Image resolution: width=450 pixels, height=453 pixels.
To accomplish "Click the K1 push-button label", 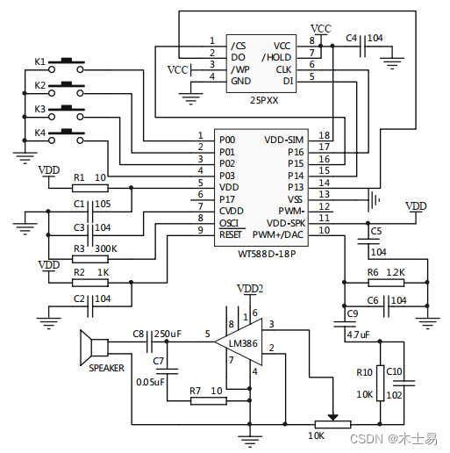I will (x=39, y=61).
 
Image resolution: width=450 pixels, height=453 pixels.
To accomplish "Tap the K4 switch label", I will (x=39, y=133).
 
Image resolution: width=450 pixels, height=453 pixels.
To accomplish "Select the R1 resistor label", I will (x=79, y=177).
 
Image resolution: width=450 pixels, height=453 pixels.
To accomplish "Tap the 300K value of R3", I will (x=104, y=249).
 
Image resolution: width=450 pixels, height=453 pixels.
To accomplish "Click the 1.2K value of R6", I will (x=395, y=273).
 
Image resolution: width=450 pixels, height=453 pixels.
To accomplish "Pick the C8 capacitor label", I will (x=138, y=334).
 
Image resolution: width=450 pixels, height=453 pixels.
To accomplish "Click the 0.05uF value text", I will (x=152, y=382).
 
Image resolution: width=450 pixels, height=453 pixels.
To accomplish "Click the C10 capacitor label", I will (x=395, y=371).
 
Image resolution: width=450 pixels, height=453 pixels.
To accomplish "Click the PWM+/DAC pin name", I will (x=278, y=234).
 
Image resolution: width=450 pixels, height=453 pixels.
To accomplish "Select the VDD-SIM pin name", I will (x=283, y=139).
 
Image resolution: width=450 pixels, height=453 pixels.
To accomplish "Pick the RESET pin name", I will (x=230, y=234).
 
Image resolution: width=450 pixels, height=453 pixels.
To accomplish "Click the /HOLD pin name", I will (x=278, y=57).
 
